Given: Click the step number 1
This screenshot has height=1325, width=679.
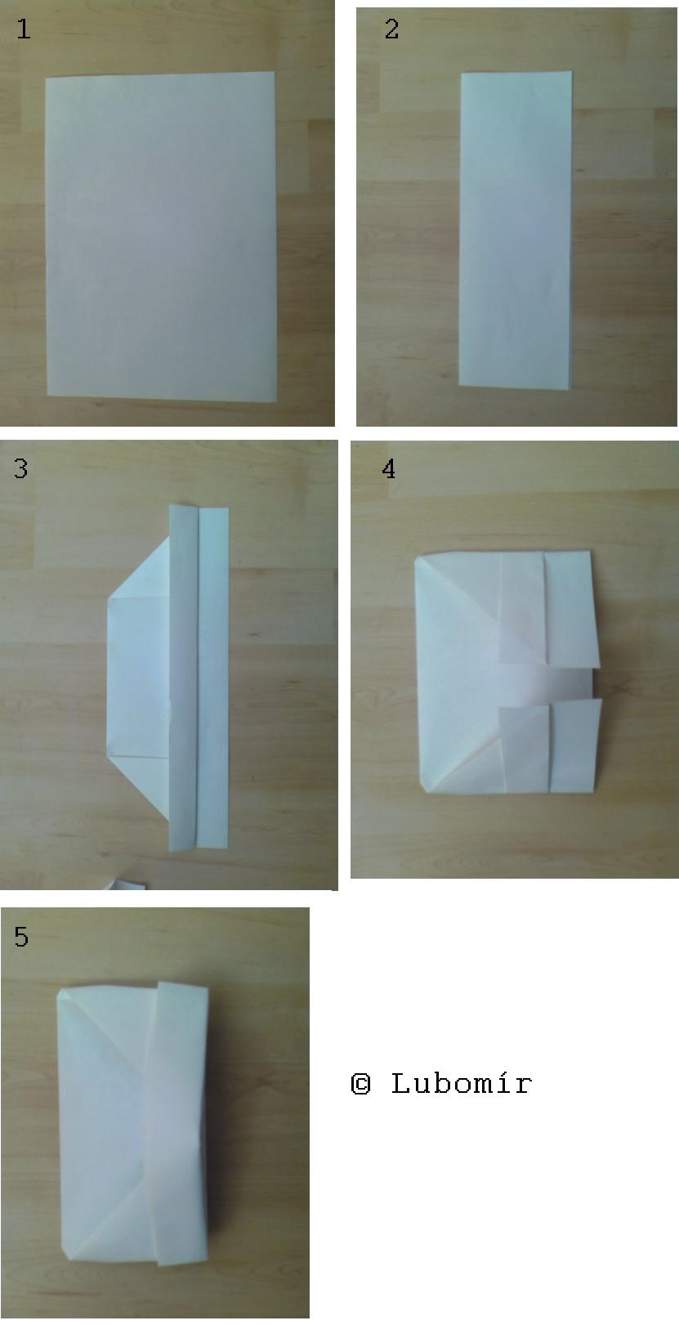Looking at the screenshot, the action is [23, 29].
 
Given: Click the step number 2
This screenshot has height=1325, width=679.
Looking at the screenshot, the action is [391, 29].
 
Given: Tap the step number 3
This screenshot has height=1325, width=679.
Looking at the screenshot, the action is [20, 468].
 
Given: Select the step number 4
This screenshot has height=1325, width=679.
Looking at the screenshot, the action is [388, 468].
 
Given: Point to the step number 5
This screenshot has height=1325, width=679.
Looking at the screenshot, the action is [21, 937].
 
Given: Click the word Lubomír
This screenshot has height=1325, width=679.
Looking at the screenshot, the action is [462, 1084].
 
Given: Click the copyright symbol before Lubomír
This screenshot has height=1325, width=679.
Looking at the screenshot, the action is [361, 1084].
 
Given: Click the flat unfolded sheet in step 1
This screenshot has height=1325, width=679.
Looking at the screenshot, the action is [161, 236].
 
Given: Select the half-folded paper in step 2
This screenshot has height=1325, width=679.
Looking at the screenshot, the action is [515, 231].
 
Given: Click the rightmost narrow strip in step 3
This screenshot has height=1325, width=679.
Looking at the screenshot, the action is [213, 678].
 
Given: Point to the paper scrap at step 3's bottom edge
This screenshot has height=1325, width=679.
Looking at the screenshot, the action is [124, 884].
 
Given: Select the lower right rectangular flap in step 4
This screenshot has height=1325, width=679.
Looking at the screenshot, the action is [575, 746].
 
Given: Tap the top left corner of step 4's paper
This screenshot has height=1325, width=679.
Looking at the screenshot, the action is [416, 556].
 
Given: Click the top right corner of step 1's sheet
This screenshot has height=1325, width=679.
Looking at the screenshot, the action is [274, 72].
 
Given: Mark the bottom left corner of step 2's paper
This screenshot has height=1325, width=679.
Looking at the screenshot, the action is [459, 385].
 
